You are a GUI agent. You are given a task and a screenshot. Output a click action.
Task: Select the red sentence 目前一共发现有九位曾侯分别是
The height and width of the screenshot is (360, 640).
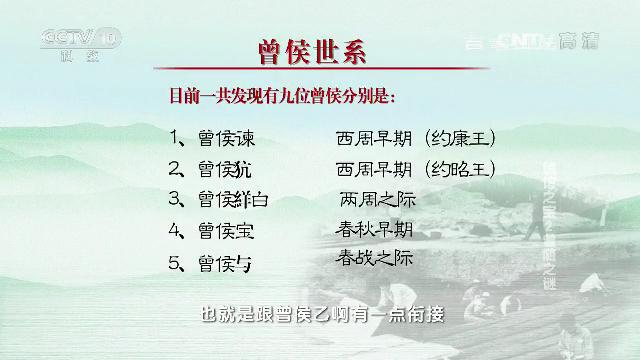click(282, 98)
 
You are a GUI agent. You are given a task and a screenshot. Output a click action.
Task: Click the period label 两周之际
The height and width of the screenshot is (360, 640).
click(377, 198)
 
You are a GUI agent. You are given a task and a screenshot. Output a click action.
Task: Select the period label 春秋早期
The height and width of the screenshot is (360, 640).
click(376, 228)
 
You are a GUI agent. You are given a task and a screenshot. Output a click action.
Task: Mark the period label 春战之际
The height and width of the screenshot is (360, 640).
click(376, 258)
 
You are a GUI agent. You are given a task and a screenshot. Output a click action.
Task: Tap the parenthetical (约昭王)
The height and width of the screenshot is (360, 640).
click(460, 168)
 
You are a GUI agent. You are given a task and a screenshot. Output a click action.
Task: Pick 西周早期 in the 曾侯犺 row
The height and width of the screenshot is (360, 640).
click(374, 168)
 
